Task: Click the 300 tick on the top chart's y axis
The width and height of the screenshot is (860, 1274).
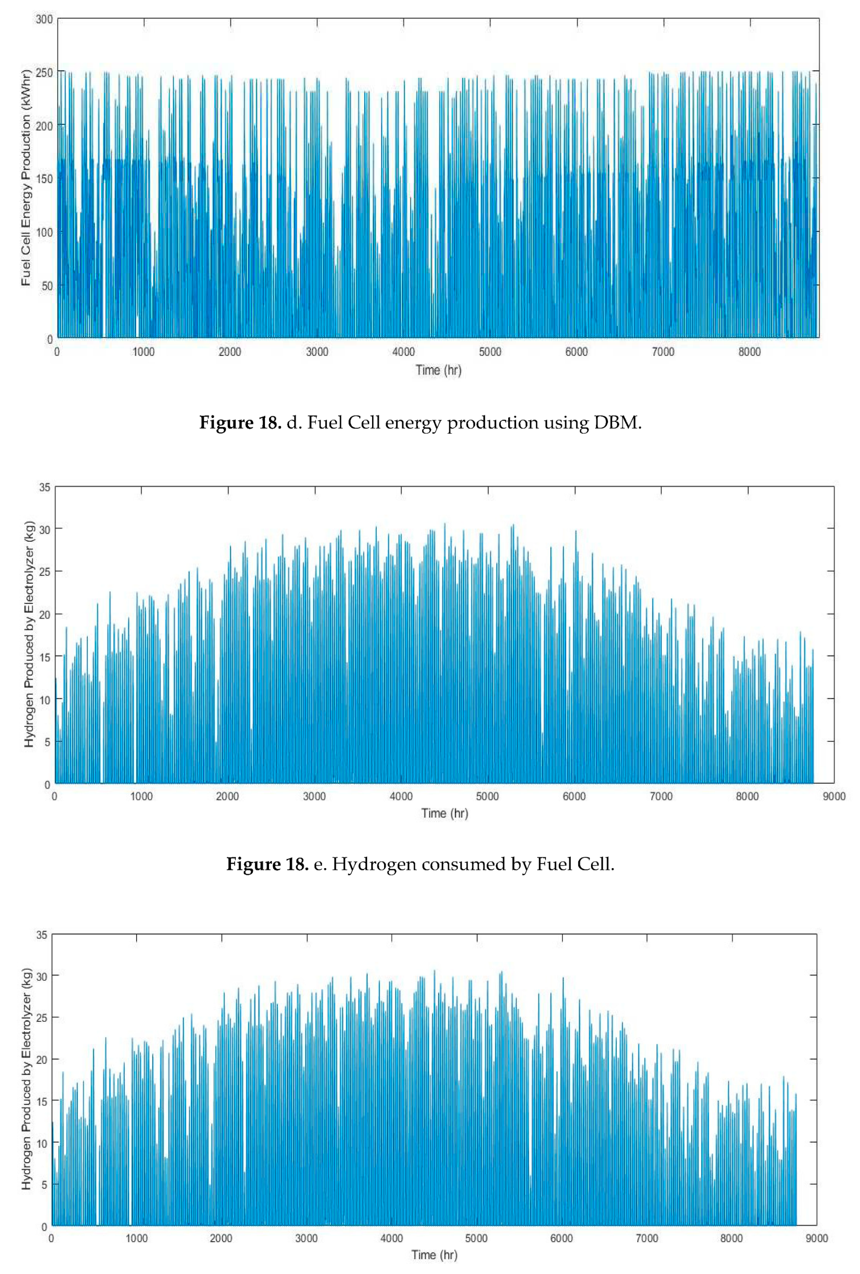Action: click(x=44, y=19)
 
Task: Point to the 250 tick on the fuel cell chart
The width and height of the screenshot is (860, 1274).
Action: click(x=44, y=72)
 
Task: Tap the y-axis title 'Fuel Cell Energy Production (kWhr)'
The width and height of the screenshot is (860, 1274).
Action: click(x=26, y=178)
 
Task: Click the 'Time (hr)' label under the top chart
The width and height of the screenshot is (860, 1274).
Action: click(x=438, y=370)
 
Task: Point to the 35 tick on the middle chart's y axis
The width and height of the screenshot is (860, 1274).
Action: click(x=44, y=487)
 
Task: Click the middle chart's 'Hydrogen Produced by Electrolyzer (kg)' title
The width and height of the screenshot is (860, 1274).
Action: click(x=29, y=634)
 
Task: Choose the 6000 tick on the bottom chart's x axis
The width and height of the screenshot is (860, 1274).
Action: click(x=562, y=1239)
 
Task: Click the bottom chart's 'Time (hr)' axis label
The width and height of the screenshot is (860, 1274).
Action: click(x=435, y=1256)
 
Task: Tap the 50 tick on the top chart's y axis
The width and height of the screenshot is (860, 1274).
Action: click(x=46, y=286)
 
